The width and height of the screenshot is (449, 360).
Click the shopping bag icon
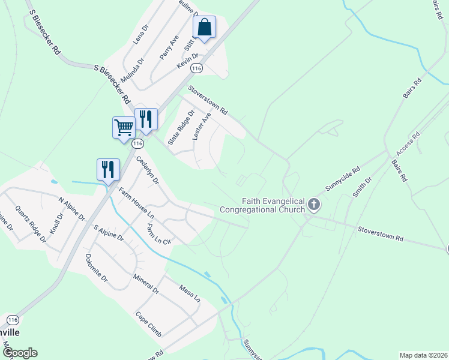[x=204, y=27]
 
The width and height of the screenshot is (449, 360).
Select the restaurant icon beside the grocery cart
[x=146, y=119]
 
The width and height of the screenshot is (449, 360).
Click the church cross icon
[x=313, y=206]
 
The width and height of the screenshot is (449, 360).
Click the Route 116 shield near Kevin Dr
[x=196, y=69]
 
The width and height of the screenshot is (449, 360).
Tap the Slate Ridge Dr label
[x=181, y=127]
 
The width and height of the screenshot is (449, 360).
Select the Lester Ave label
[x=202, y=126]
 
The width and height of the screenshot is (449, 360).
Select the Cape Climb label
[x=148, y=325]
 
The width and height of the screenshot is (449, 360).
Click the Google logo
[x=20, y=353]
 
